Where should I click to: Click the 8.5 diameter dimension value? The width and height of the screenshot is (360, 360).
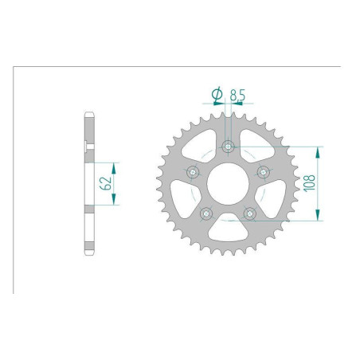(x=237, y=96)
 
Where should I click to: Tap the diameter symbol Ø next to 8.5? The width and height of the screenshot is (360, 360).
(x=216, y=96)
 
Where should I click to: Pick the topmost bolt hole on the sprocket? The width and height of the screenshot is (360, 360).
(x=228, y=147)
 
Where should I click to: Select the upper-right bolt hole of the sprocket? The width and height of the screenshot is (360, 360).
(x=263, y=171)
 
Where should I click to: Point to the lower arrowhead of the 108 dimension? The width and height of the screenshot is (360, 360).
(x=319, y=217)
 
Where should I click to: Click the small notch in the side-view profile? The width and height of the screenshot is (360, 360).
(x=86, y=145)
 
